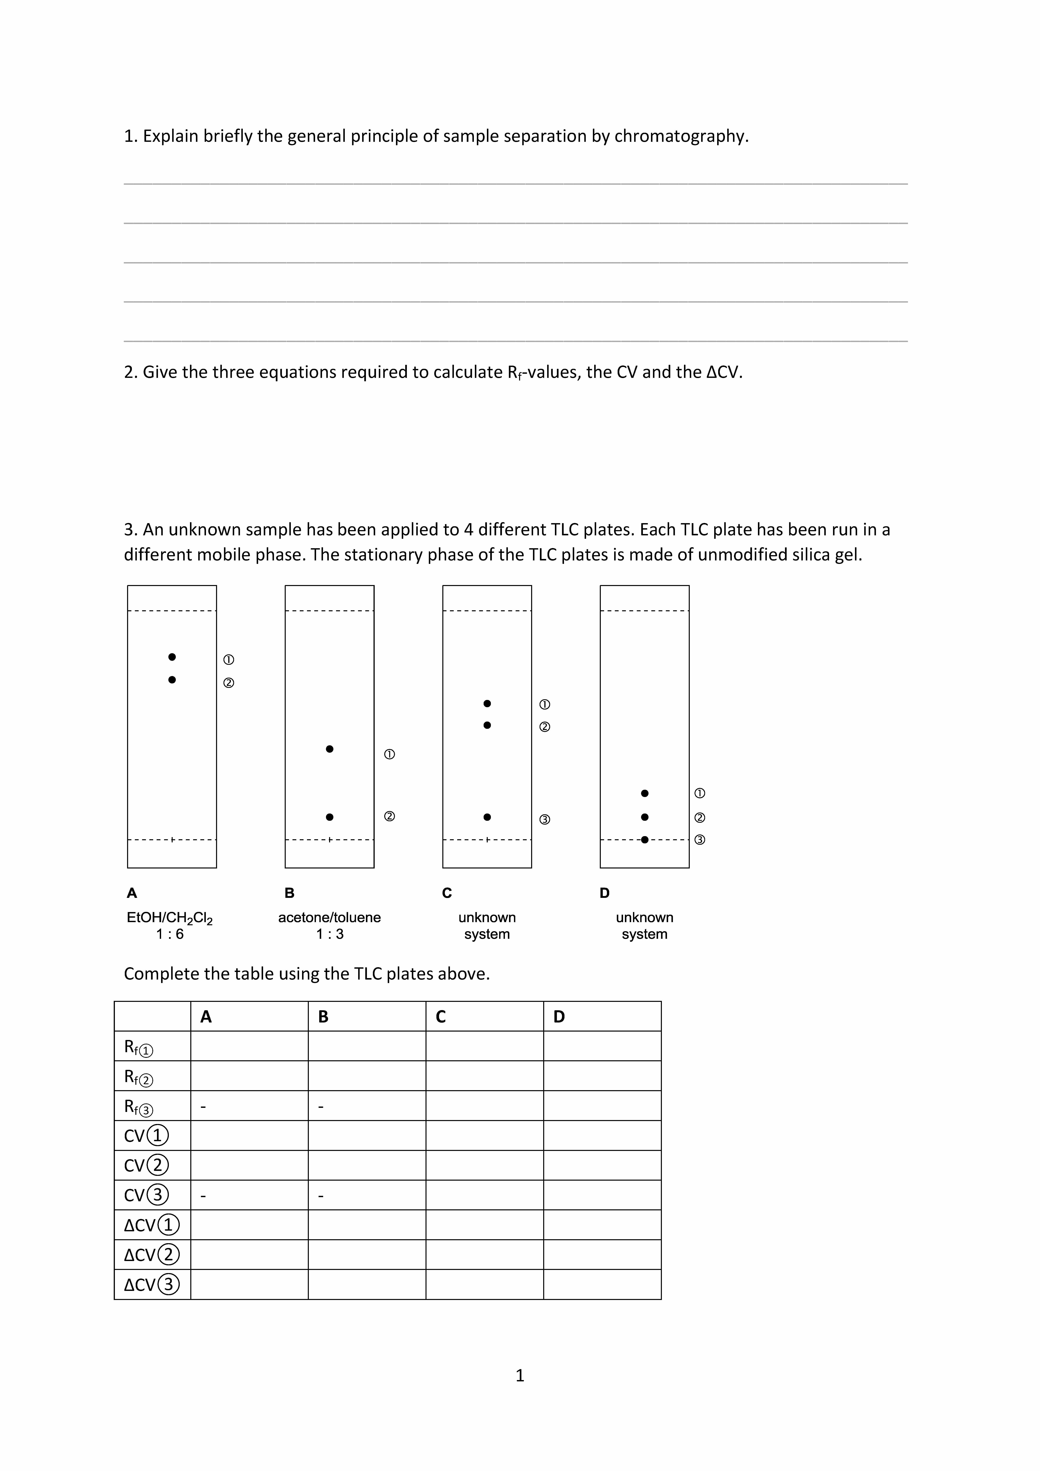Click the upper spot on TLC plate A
tap(172, 657)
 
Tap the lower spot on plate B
tap(329, 817)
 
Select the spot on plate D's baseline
tap(644, 839)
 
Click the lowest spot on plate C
tap(487, 817)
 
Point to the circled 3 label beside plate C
tap(544, 819)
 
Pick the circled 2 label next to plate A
tap(229, 683)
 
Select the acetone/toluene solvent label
tap(329, 917)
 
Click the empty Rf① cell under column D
tap(602, 1046)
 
